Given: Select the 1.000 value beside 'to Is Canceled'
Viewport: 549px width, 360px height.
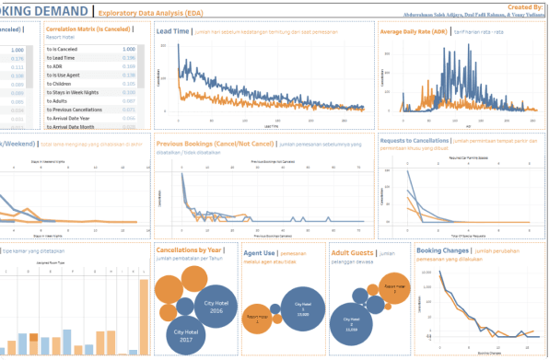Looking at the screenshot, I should point(130,49).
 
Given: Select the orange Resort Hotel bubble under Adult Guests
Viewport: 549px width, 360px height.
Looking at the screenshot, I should point(394,286).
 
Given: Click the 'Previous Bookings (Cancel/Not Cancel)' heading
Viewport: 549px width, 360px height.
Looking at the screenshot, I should point(215,145).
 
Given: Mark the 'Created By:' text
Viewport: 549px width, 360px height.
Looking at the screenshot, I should point(522,6).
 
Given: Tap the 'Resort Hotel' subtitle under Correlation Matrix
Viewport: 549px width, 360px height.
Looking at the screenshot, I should point(62,38).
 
